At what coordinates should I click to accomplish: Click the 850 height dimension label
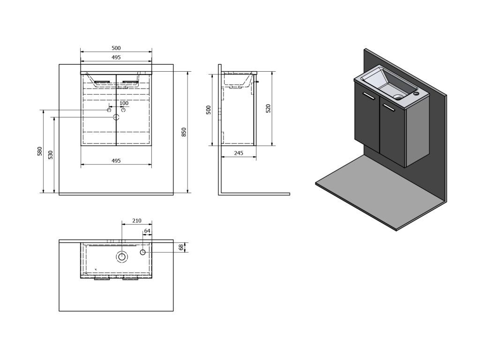coord(184,132)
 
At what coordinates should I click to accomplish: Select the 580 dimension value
coord(40,151)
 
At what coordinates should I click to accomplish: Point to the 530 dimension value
coord(51,154)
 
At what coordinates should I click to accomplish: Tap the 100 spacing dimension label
coord(124,103)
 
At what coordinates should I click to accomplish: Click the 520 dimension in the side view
coord(268,108)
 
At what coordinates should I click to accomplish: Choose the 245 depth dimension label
coord(238,153)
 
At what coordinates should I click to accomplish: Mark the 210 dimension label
coord(136,220)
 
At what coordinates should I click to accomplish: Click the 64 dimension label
coord(147,231)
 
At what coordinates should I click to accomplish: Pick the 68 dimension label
coord(181,247)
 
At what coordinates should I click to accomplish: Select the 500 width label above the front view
coord(116,48)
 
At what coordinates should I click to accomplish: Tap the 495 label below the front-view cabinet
coord(116,161)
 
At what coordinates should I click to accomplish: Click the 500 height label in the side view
coord(209,109)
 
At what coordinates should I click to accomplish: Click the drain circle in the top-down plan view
coord(122,256)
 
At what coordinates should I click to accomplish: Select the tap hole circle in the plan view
coord(143,252)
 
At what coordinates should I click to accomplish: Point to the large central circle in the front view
coord(116,117)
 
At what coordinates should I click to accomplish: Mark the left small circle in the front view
coord(109,110)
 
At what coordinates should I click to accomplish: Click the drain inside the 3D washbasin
coord(398,97)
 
